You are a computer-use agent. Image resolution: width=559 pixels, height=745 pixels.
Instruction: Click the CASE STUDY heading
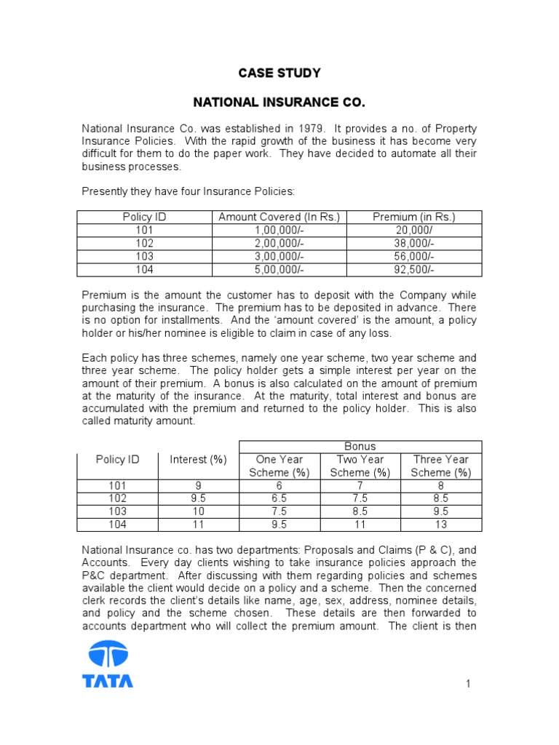(x=279, y=73)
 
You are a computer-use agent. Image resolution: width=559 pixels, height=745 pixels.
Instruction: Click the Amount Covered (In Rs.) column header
(x=280, y=217)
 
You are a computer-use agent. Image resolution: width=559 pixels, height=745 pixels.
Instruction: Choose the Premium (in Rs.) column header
(x=413, y=217)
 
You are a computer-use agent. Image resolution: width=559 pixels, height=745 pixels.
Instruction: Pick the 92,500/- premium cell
(x=413, y=269)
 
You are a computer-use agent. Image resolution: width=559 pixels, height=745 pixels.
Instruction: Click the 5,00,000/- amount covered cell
(x=280, y=269)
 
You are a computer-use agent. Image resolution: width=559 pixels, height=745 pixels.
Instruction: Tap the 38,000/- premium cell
(x=413, y=243)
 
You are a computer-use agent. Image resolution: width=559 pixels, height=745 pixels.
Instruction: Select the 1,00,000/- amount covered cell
(x=280, y=230)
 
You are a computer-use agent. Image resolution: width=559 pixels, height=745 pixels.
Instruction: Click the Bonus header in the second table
(x=360, y=446)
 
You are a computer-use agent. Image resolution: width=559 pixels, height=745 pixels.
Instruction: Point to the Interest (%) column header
(x=198, y=459)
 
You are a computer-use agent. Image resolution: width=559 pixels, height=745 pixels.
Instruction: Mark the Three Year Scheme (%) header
(x=440, y=466)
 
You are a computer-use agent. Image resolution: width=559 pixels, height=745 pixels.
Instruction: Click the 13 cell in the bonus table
(x=440, y=524)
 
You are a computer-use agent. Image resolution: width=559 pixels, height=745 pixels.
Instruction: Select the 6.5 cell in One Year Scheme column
(x=279, y=498)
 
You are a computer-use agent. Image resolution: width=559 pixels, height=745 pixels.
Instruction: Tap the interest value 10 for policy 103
(x=198, y=511)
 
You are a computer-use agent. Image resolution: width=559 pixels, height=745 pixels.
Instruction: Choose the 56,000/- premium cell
(x=413, y=256)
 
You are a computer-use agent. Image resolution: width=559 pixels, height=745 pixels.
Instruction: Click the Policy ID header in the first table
(x=145, y=217)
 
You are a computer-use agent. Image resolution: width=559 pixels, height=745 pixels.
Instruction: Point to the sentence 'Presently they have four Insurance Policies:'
(x=188, y=191)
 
